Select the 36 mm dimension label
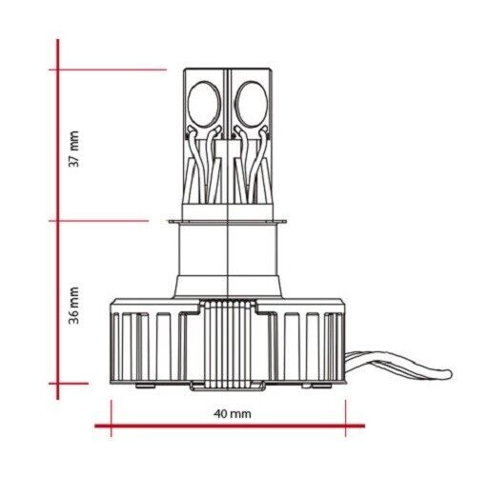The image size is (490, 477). click(75, 307)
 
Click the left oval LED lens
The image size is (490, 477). click(202, 100)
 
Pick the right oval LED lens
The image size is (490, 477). click(257, 100)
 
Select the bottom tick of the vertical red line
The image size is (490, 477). click(59, 385)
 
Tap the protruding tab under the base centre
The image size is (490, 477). click(230, 386)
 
